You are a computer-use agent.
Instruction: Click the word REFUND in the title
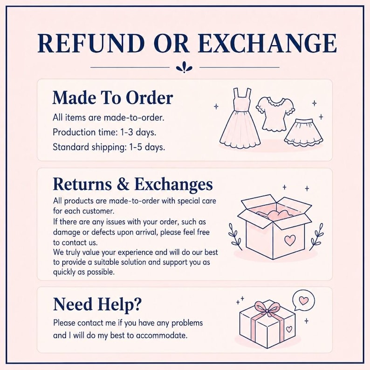pyautogui.click(x=91, y=43)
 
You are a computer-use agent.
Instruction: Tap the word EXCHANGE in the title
pyautogui.click(x=267, y=43)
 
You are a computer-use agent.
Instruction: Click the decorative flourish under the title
pyautogui.click(x=184, y=67)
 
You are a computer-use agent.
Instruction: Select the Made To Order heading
pyautogui.click(x=113, y=97)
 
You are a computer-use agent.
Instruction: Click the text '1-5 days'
pyautogui.click(x=147, y=147)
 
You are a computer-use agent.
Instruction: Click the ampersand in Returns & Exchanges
pyautogui.click(x=123, y=184)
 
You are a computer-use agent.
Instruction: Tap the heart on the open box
pyautogui.click(x=290, y=240)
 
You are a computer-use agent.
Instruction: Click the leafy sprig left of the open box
pyautogui.click(x=235, y=236)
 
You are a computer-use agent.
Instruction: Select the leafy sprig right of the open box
pyautogui.click(x=316, y=236)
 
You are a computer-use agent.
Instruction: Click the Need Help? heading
pyautogui.click(x=97, y=304)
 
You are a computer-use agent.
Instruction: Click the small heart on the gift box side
pyautogui.click(x=289, y=329)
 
